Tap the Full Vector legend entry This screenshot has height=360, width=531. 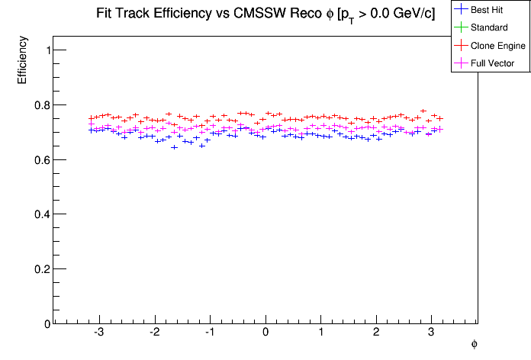coord(493,63)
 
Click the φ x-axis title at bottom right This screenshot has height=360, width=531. coord(474,345)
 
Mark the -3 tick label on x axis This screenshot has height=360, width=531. coord(98,333)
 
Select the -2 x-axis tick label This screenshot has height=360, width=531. coord(153,333)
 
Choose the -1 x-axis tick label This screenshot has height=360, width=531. coord(208,333)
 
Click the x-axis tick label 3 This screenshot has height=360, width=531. coord(431,333)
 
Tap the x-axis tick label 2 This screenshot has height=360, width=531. coord(376,333)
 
